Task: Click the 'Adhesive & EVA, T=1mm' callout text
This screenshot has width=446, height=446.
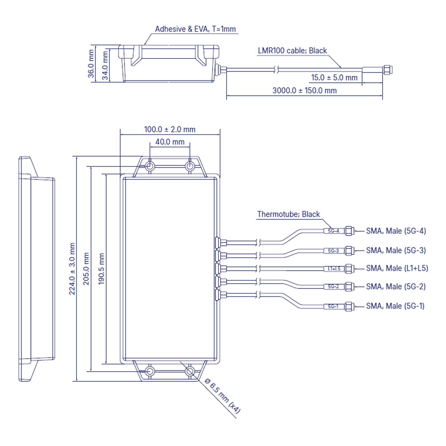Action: pyautogui.click(x=195, y=29)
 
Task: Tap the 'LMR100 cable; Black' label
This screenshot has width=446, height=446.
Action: pyautogui.click(x=292, y=51)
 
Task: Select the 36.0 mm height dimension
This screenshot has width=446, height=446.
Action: pyautogui.click(x=91, y=64)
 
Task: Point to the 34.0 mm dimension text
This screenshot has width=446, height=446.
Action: pyautogui.click(x=105, y=66)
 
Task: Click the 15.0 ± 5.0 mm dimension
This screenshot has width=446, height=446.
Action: pyautogui.click(x=334, y=77)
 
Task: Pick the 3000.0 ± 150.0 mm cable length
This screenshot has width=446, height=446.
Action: pyautogui.click(x=304, y=91)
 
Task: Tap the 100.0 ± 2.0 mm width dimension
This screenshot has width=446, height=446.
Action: pyautogui.click(x=169, y=129)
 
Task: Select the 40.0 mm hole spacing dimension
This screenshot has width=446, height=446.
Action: pyautogui.click(x=170, y=142)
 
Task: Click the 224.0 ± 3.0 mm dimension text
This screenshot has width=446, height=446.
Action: pyautogui.click(x=72, y=269)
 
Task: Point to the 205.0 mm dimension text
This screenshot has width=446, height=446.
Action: pyautogui.click(x=86, y=269)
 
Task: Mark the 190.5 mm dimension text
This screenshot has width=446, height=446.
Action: pyautogui.click(x=101, y=269)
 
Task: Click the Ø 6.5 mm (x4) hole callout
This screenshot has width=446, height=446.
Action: pyautogui.click(x=222, y=396)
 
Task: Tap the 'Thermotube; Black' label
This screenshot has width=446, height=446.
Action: pyautogui.click(x=288, y=214)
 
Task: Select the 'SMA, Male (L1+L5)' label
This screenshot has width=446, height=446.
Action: pyautogui.click(x=397, y=268)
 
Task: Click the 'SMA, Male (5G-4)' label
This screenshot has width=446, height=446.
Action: pyautogui.click(x=396, y=231)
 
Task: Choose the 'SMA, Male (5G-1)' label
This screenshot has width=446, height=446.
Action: pyautogui.click(x=395, y=306)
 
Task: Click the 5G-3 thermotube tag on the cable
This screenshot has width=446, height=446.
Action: pyautogui.click(x=333, y=251)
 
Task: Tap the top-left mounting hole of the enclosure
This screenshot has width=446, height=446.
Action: pyautogui.click(x=150, y=166)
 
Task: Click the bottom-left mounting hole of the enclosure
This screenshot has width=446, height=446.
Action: pyautogui.click(x=150, y=372)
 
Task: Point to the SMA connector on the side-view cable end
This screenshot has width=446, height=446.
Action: pyautogui.click(x=387, y=70)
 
